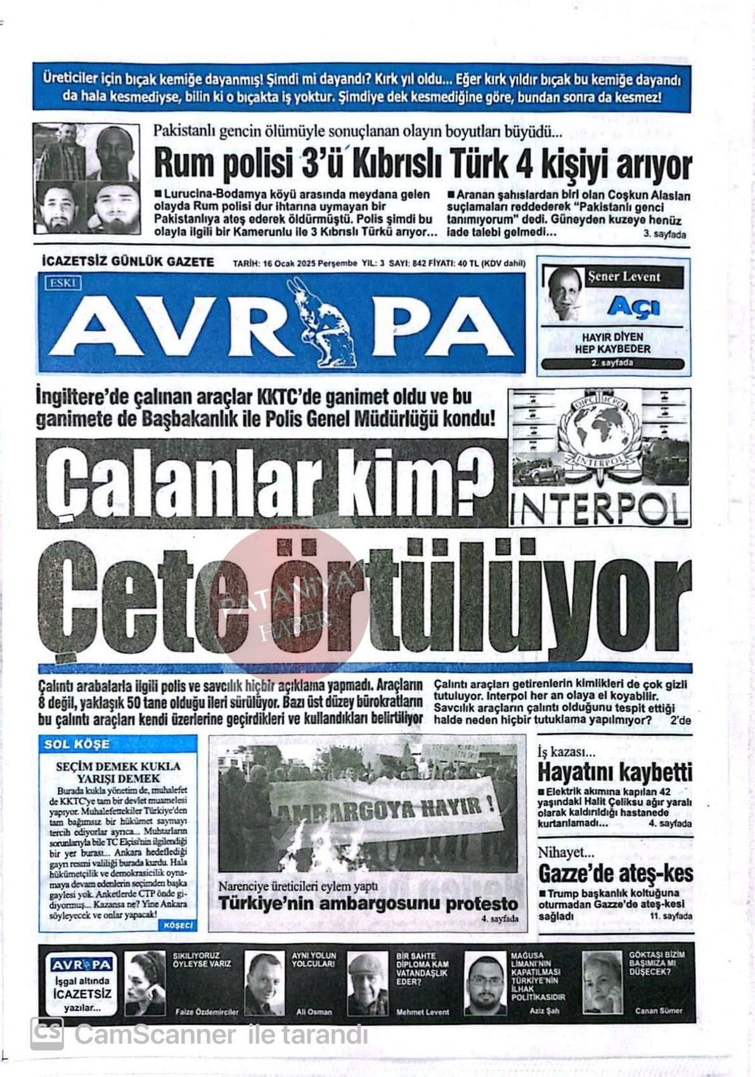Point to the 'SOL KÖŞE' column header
(x=77, y=744)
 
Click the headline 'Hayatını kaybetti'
(x=615, y=772)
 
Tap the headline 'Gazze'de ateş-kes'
(x=615, y=874)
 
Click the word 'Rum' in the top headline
(x=180, y=165)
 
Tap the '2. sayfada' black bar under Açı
(x=612, y=363)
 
